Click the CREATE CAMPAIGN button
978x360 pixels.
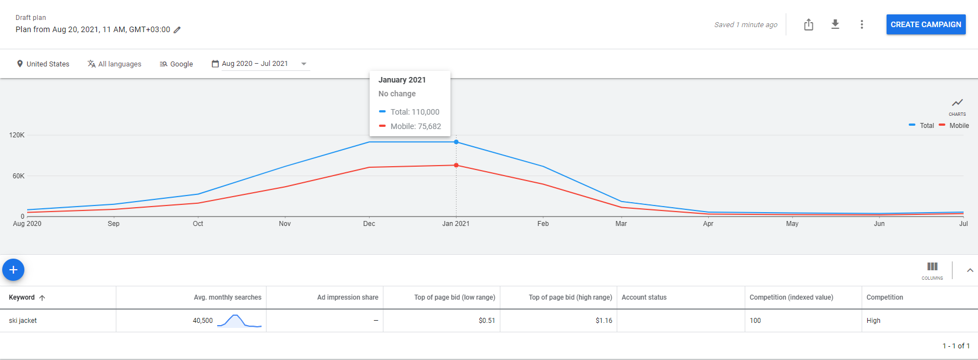[x=926, y=24]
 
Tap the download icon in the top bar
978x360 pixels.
[x=835, y=24]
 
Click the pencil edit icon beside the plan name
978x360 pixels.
[x=177, y=30]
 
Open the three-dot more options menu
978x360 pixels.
[x=862, y=24]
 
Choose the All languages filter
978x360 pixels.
[x=114, y=64]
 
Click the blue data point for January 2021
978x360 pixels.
[x=456, y=142]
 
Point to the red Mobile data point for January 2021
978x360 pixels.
[x=456, y=165]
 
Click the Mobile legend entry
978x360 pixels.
[x=954, y=126]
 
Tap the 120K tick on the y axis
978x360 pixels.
[x=17, y=135]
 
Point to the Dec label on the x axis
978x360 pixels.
[x=369, y=224]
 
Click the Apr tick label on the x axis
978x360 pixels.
[x=708, y=224]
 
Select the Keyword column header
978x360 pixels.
[x=22, y=297]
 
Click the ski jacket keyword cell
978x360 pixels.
[x=23, y=321]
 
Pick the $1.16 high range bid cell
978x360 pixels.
[x=604, y=321]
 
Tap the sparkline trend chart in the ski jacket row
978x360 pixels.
[x=239, y=321]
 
